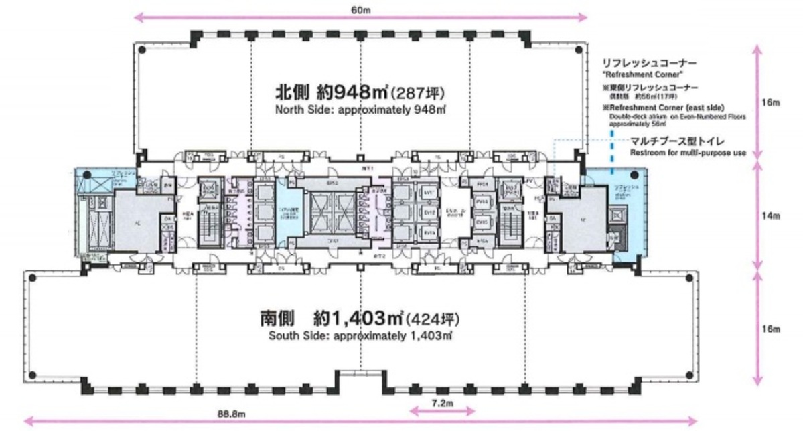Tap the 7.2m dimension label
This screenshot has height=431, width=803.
pos(442,404)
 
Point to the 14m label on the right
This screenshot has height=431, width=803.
pos(772,216)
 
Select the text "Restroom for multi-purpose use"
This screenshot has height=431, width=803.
pos(687,153)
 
